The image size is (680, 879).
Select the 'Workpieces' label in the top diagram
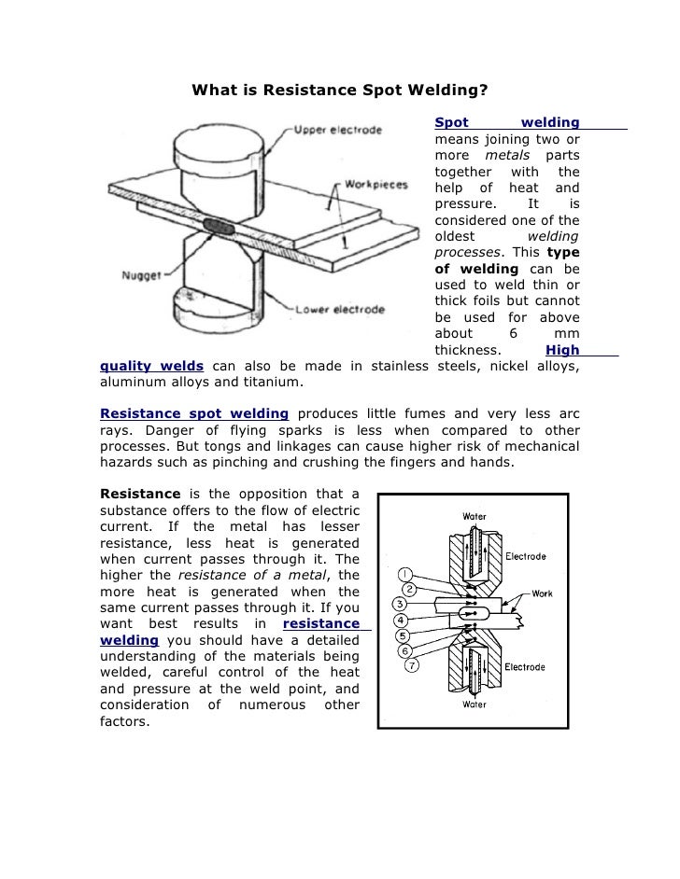click(376, 184)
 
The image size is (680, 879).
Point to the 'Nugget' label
click(137, 275)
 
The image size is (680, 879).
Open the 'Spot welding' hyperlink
click(507, 123)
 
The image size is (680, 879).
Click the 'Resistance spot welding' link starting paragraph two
click(193, 413)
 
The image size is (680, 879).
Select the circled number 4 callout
click(400, 620)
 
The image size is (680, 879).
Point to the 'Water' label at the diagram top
click(475, 516)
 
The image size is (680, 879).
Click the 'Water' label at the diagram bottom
click(475, 705)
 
